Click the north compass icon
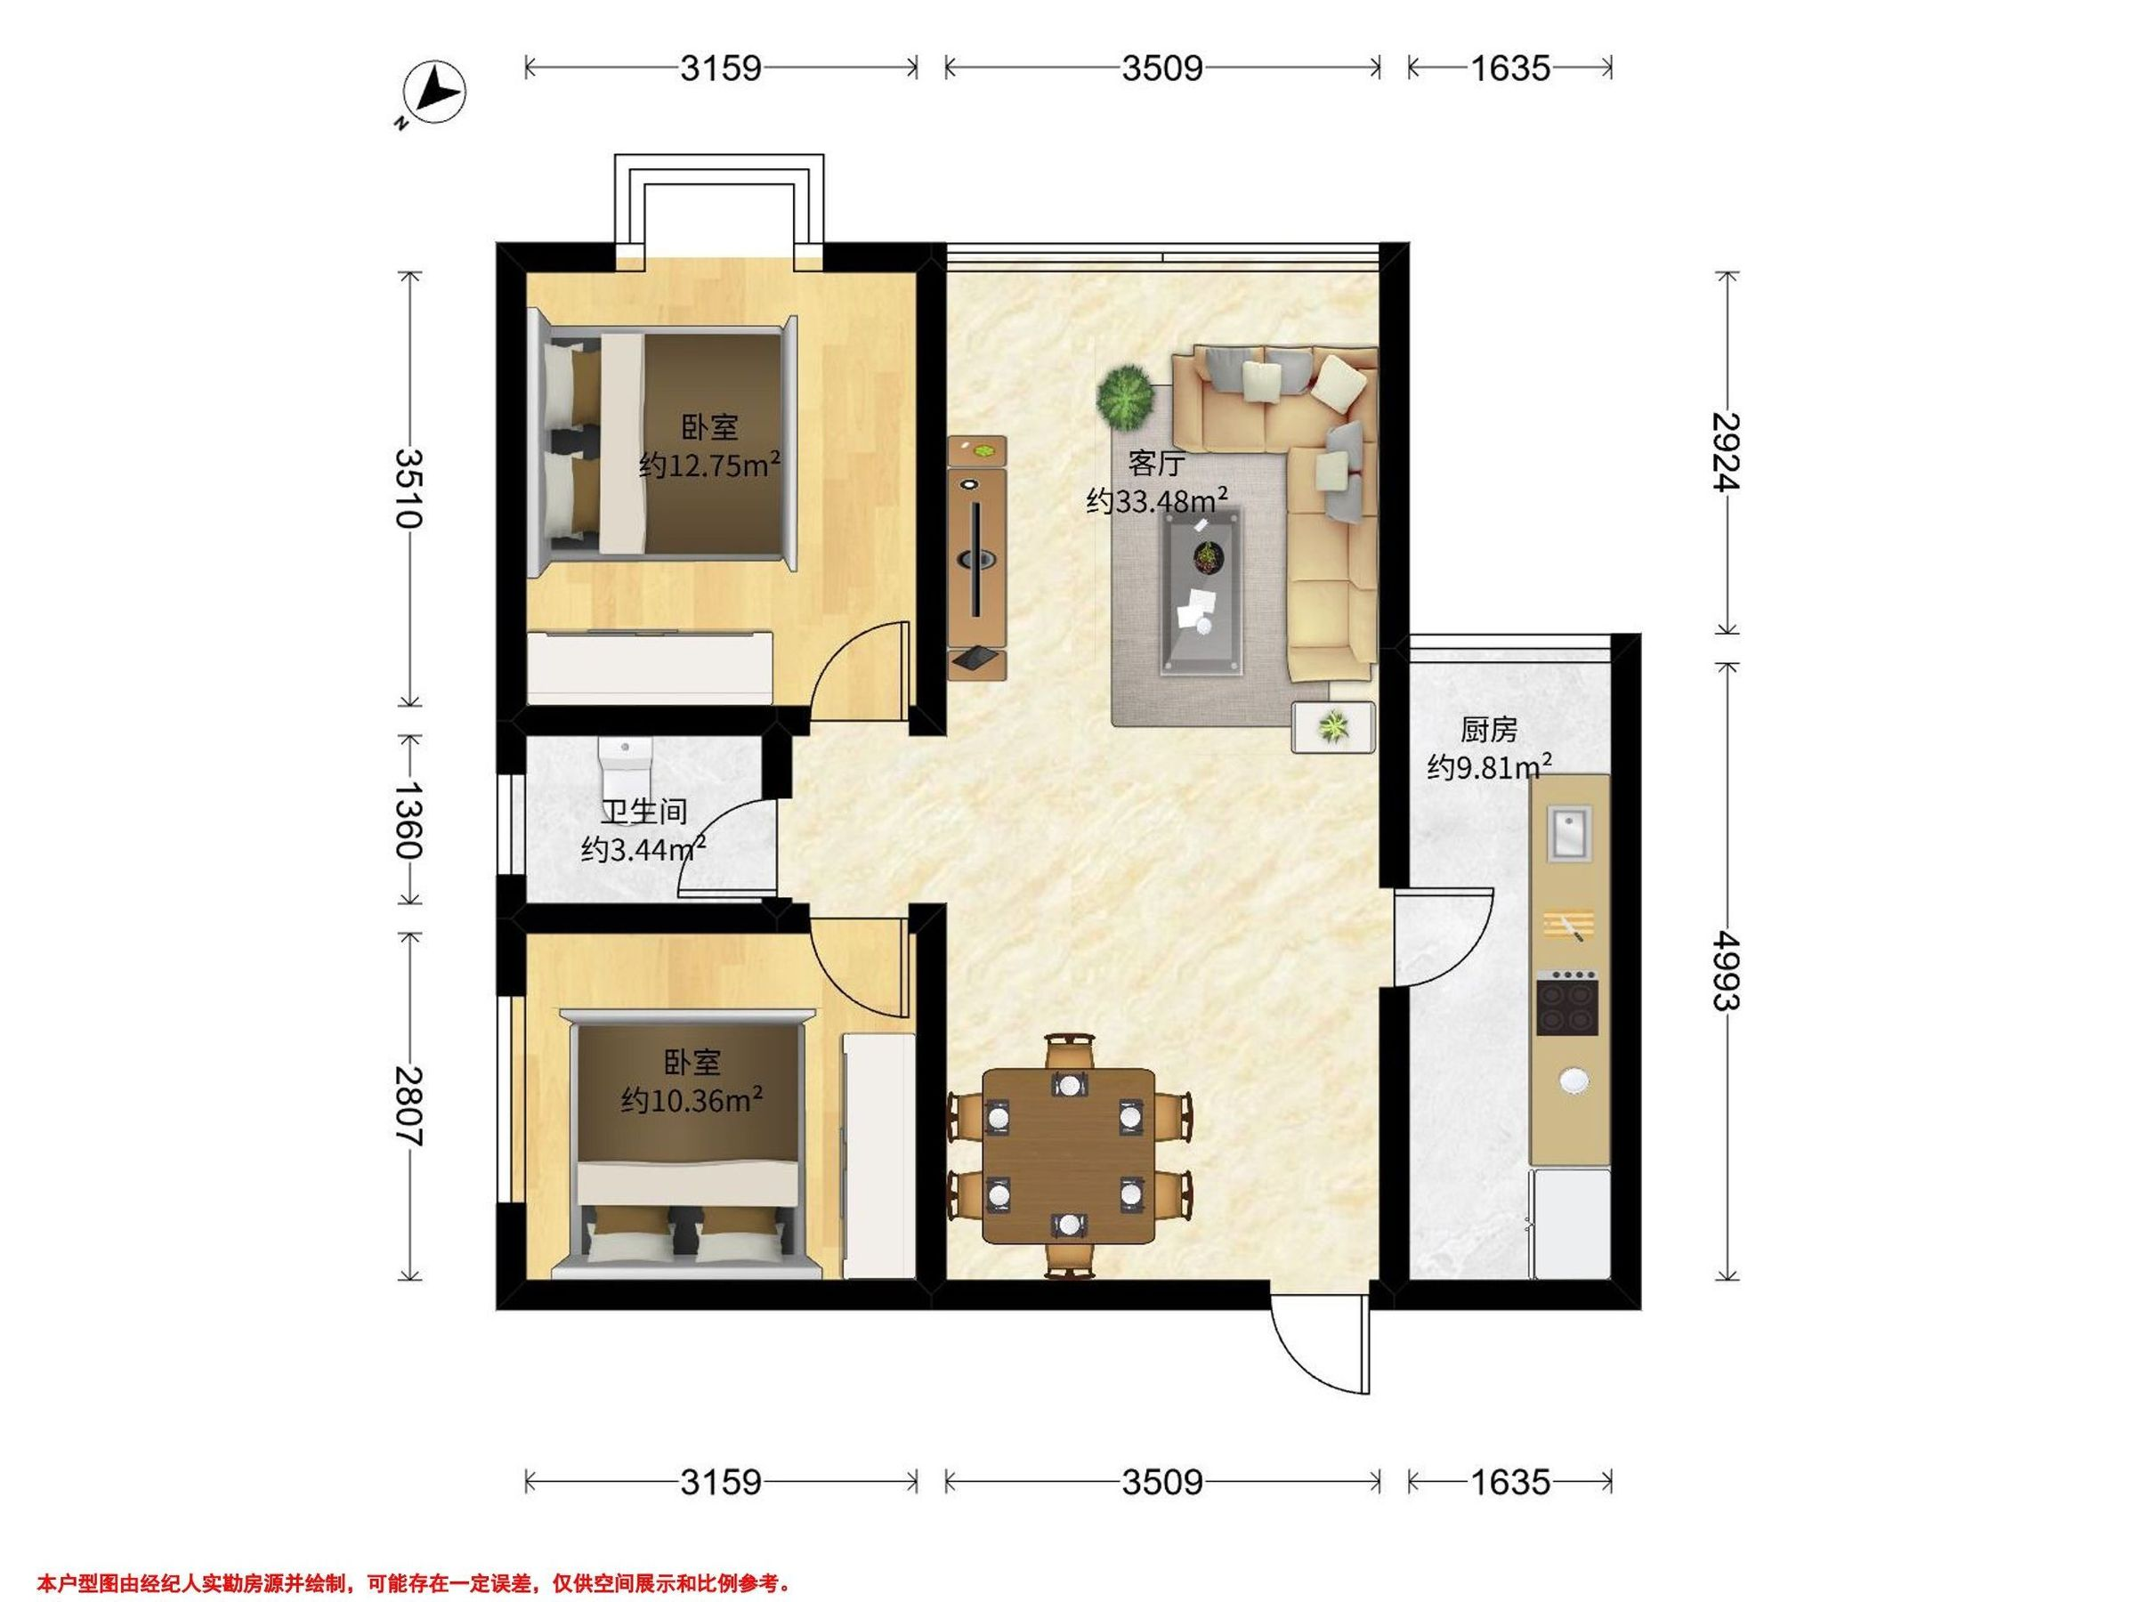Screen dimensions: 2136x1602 pyautogui.click(x=433, y=93)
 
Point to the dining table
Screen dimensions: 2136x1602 pyautogui.click(x=1069, y=1156)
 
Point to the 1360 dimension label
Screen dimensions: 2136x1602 pyautogui.click(x=409, y=821)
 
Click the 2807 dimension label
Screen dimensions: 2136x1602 pyautogui.click(x=409, y=1105)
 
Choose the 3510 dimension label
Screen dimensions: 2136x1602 pyautogui.click(x=409, y=489)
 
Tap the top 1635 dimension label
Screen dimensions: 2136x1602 pyautogui.click(x=1510, y=69)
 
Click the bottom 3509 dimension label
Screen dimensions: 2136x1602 pyautogui.click(x=1162, y=1482)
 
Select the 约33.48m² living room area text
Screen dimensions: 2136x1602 pyautogui.click(x=1157, y=500)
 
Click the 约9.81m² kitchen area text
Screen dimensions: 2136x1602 pyautogui.click(x=1490, y=766)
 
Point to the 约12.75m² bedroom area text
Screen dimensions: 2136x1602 pyautogui.click(x=709, y=465)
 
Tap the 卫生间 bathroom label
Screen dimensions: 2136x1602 pyautogui.click(x=644, y=812)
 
